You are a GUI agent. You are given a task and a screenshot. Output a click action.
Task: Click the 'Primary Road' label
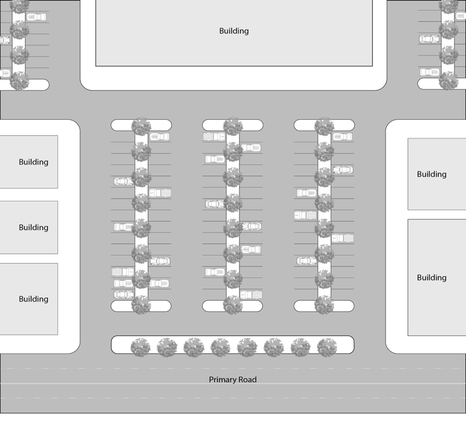(233, 380)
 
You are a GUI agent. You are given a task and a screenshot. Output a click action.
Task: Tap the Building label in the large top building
(234, 31)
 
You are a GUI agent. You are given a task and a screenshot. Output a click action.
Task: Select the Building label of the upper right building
(432, 174)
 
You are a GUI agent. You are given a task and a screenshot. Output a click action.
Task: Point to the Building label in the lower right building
(432, 278)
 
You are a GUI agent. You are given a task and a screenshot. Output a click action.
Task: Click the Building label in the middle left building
(34, 228)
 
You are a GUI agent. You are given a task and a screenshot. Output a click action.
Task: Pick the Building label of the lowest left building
(34, 299)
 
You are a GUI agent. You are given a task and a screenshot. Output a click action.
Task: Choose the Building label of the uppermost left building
(34, 162)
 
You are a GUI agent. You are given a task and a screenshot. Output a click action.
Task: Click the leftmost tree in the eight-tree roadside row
(140, 348)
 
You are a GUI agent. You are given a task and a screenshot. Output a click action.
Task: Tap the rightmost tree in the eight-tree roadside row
(327, 348)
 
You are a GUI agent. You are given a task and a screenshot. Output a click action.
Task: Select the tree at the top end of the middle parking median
(233, 126)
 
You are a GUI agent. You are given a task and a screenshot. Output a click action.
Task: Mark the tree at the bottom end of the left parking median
(141, 305)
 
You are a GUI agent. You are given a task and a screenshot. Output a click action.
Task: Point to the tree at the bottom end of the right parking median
(324, 305)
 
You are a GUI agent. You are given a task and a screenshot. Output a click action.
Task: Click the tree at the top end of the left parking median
(141, 126)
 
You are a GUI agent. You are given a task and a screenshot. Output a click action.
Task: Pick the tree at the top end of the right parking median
(324, 126)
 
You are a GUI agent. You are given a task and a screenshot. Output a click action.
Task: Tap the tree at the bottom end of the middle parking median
(233, 305)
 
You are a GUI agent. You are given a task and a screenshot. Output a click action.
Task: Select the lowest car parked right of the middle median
(252, 294)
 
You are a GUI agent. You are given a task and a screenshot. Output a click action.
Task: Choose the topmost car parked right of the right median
(342, 137)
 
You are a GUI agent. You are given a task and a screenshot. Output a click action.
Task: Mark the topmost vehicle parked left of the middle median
(214, 137)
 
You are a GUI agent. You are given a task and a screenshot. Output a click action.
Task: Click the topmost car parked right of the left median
(160, 137)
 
